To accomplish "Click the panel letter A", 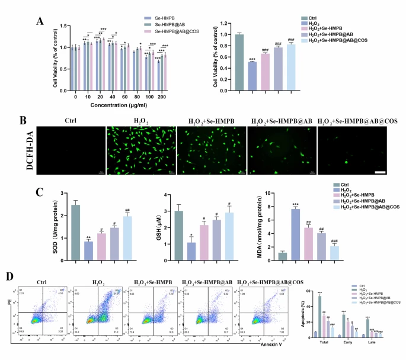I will (40, 21).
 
